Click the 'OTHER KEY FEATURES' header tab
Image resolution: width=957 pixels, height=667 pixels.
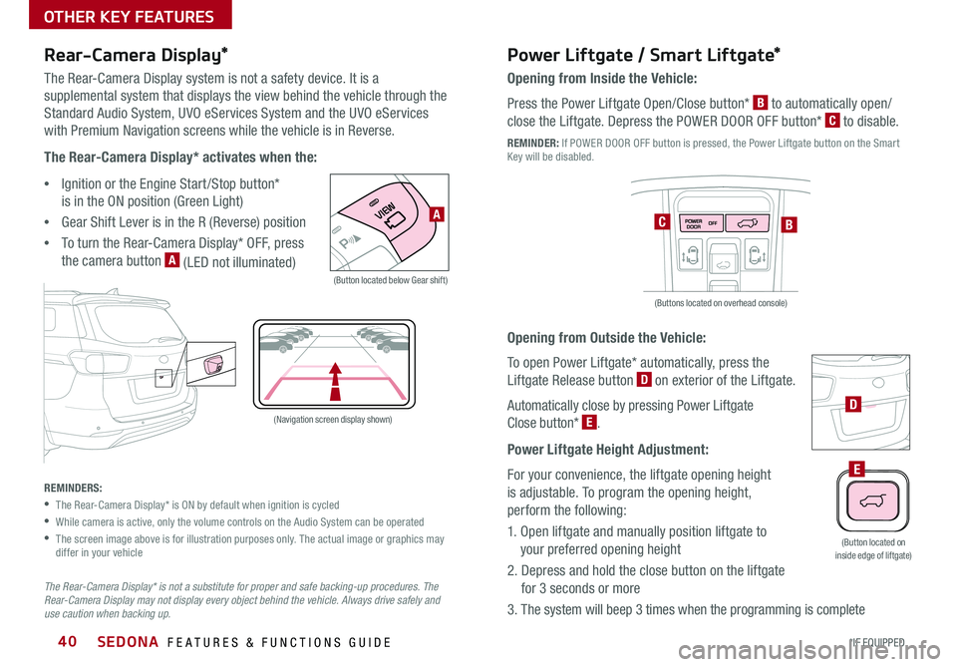(x=115, y=16)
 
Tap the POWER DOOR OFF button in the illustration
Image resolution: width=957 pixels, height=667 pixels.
(x=702, y=223)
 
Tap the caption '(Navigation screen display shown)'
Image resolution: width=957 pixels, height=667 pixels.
(x=333, y=420)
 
